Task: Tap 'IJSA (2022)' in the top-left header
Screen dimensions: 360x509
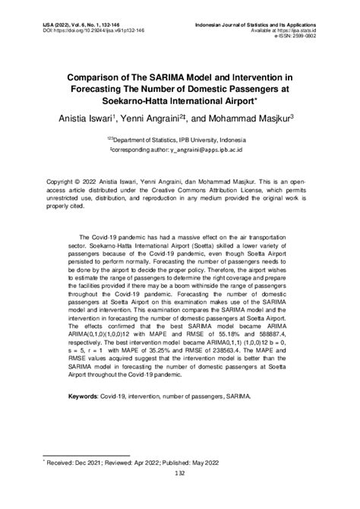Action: [x=46, y=24]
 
